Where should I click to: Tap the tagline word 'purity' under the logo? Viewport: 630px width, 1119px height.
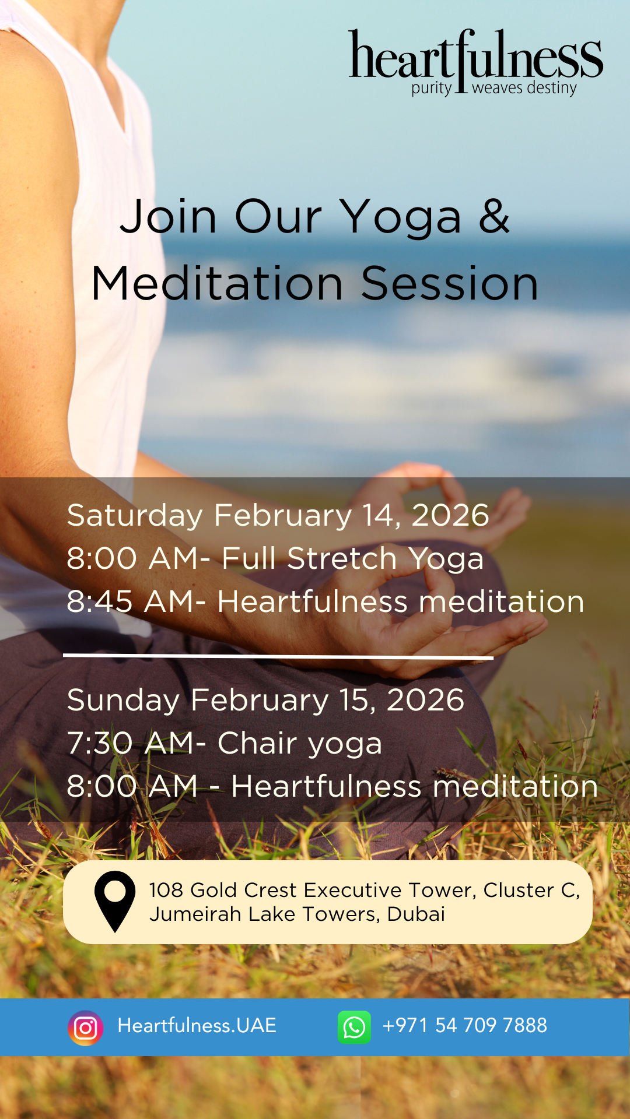click(432, 89)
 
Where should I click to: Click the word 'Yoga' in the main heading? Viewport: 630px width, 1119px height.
click(401, 217)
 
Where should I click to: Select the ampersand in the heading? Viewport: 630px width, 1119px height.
click(495, 216)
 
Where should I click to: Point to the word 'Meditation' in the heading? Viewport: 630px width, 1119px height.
click(217, 283)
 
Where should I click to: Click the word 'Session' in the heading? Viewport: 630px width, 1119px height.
click(450, 283)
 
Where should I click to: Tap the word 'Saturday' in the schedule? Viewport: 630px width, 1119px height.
click(135, 516)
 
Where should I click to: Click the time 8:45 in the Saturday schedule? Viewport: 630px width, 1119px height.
click(100, 601)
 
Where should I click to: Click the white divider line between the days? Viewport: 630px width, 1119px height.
click(278, 656)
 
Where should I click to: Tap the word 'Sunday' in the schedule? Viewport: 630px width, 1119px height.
click(123, 701)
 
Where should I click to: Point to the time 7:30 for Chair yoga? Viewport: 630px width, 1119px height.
click(100, 743)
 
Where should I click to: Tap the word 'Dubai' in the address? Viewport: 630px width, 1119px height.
click(416, 914)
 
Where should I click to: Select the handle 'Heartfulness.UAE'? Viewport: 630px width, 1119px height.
click(197, 1026)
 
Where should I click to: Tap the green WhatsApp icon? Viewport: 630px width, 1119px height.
click(354, 1027)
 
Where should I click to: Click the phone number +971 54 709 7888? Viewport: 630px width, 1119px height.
click(464, 1026)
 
